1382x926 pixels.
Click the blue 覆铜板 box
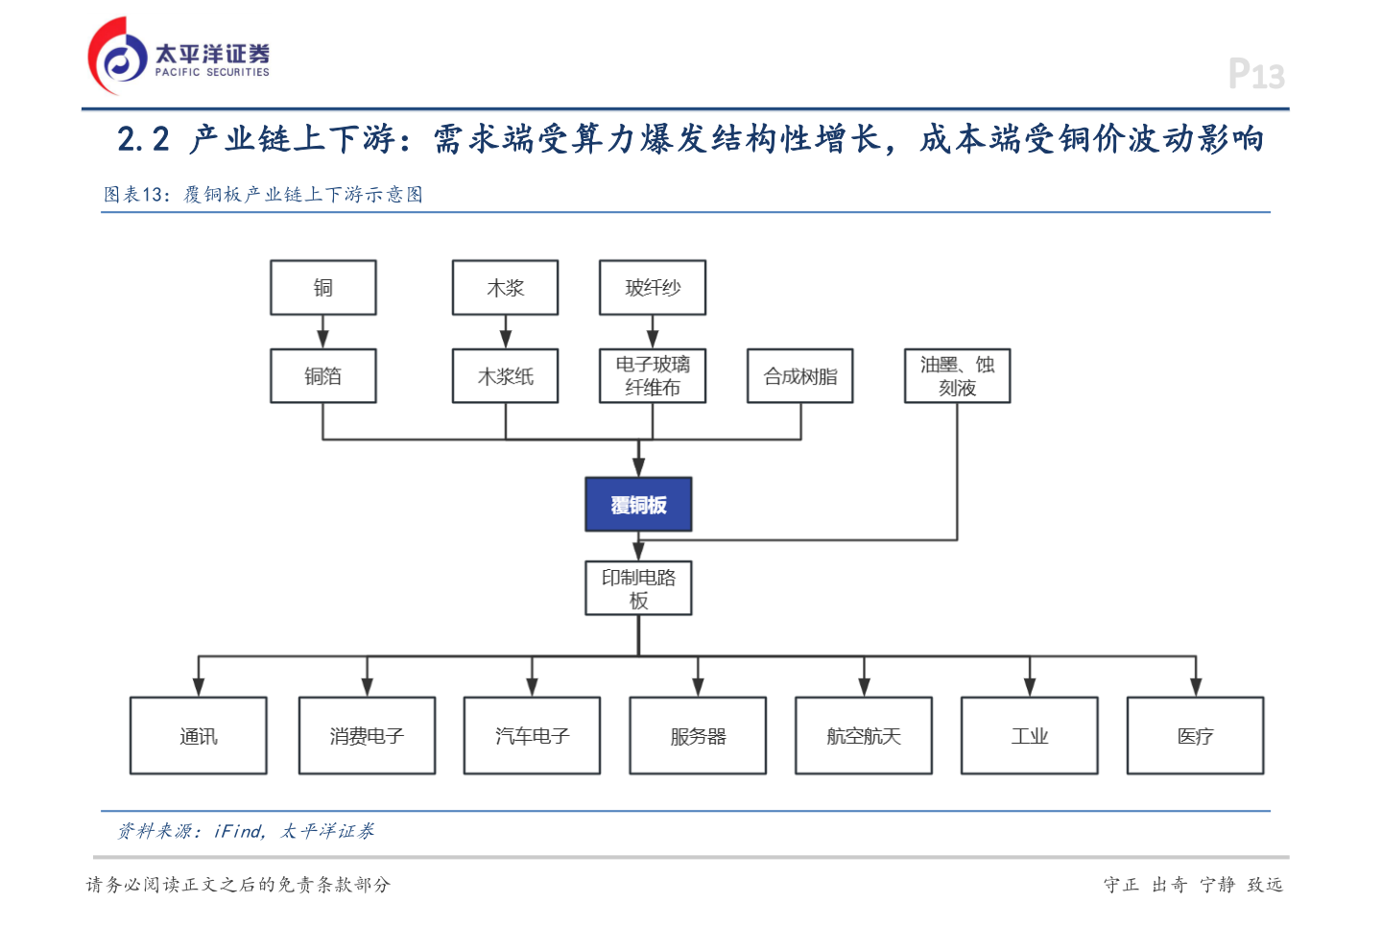click(x=638, y=505)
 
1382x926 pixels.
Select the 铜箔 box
click(x=322, y=376)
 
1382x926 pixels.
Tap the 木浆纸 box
click(x=505, y=376)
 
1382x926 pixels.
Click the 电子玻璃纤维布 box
click(x=653, y=376)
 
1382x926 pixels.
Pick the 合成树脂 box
click(x=799, y=376)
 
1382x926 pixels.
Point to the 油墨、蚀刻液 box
click(x=957, y=376)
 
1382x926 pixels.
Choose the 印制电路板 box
click(x=638, y=588)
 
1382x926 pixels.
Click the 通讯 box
click(x=199, y=736)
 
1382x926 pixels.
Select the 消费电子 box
click(x=367, y=736)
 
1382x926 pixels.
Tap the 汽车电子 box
click(x=532, y=736)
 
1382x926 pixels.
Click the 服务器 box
click(x=698, y=736)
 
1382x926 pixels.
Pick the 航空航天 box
click(x=864, y=736)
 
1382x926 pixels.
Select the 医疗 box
click(x=1195, y=736)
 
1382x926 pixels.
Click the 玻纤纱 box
click(x=653, y=288)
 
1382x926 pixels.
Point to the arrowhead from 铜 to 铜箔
click(x=322, y=339)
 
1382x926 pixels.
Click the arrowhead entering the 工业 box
click(x=1030, y=686)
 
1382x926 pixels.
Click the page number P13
click(x=1255, y=74)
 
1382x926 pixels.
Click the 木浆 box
click(x=505, y=288)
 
